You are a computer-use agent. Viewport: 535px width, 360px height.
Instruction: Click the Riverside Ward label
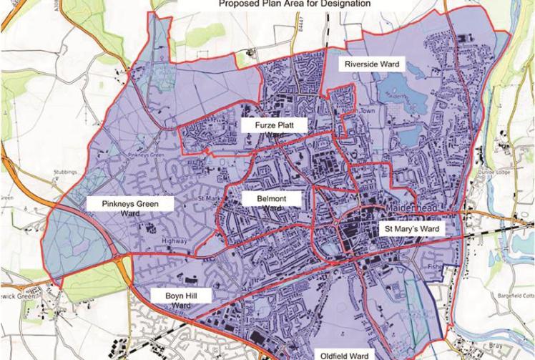coord(371,64)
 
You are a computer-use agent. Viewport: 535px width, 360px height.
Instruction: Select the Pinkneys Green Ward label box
coord(130,208)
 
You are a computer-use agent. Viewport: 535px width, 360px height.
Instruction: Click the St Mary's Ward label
coord(412,229)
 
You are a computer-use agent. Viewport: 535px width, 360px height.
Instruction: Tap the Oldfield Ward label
coord(343,353)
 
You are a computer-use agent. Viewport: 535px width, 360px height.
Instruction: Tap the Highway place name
coord(174,240)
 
